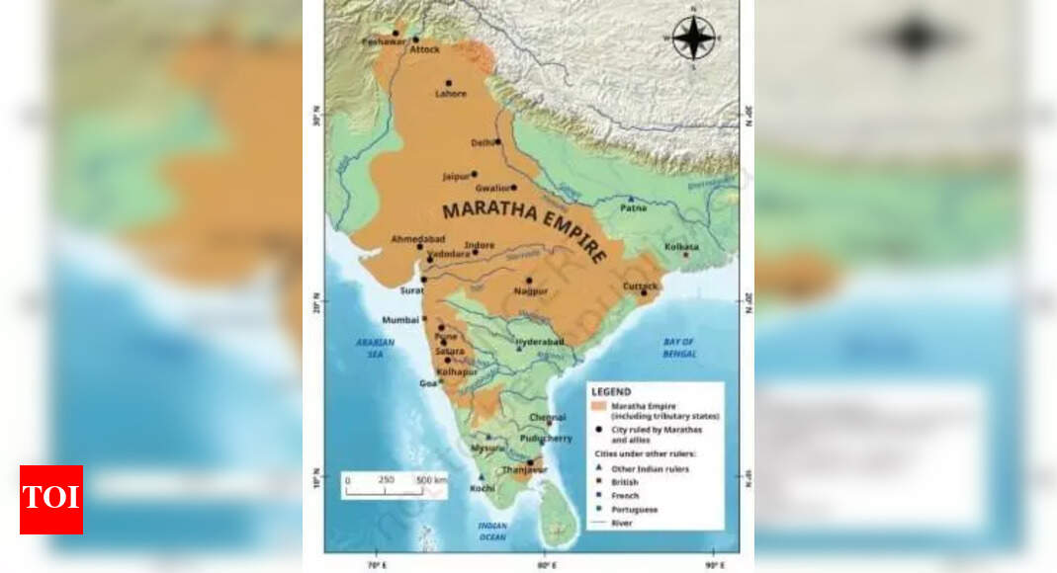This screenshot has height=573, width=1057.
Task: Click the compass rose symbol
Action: [693, 38]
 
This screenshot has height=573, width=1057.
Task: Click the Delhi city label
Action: [482, 143]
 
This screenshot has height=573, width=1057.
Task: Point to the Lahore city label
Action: [450, 95]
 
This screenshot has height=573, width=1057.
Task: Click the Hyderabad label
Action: [539, 342]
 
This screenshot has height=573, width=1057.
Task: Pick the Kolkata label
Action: [681, 246]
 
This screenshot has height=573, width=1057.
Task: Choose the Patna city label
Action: [633, 208]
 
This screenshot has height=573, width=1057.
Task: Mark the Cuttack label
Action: [640, 286]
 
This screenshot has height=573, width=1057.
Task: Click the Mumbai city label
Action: [400, 320]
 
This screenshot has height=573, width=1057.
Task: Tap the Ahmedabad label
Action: [417, 239]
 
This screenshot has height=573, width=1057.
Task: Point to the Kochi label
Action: [483, 488]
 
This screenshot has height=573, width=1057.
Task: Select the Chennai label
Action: [548, 418]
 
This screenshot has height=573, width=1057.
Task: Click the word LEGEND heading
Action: [610, 392]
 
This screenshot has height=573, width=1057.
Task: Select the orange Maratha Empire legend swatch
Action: [597, 406]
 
